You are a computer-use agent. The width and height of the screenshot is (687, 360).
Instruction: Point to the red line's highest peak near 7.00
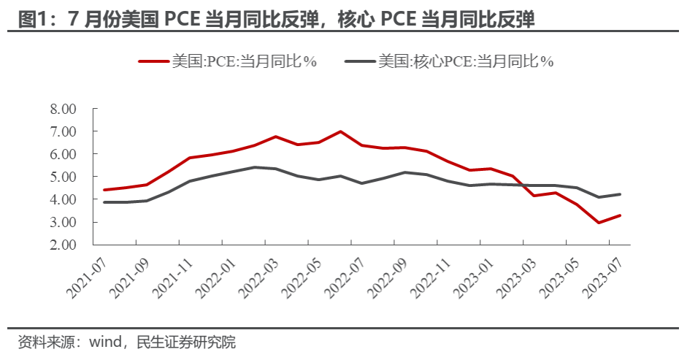[341, 131]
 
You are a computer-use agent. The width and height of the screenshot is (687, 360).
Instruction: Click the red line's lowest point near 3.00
[599, 223]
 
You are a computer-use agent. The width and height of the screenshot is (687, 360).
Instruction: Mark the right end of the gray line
[620, 194]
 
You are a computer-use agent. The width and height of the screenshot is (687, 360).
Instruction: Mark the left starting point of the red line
[104, 190]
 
